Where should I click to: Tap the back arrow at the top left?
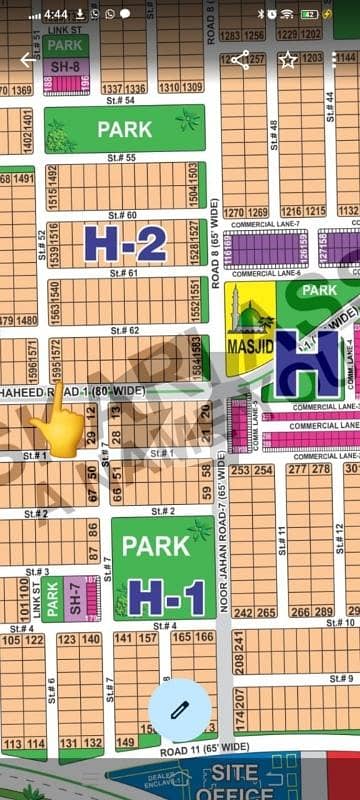[27, 60]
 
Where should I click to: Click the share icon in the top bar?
[240, 60]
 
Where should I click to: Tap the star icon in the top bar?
[288, 60]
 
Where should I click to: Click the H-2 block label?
[125, 243]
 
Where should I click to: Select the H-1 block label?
[166, 597]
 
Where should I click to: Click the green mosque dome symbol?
[250, 317]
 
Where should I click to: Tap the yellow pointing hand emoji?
[59, 428]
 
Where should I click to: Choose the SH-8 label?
[66, 66]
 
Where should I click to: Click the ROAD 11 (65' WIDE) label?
[205, 748]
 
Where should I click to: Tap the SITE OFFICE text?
[235, 782]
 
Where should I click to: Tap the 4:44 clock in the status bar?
[55, 15]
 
